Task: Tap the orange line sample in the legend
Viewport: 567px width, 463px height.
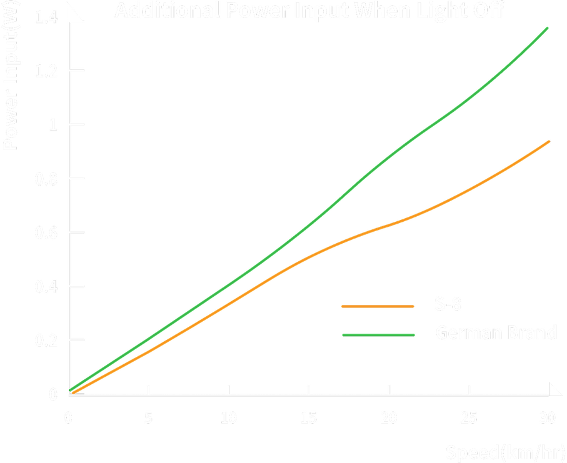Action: pos(378,306)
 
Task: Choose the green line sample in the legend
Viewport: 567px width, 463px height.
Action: pos(378,335)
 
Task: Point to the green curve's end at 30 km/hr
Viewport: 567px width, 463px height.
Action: pos(548,27)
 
